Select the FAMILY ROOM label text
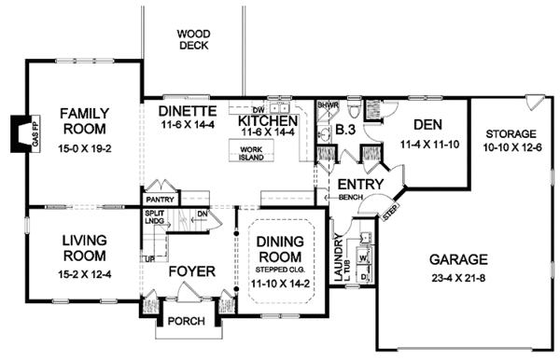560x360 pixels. [81, 120]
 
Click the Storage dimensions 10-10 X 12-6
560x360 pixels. [511, 148]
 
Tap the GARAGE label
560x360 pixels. [459, 259]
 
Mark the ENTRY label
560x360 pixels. [356, 184]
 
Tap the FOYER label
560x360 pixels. [192, 272]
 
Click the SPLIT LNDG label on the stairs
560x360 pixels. [156, 217]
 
